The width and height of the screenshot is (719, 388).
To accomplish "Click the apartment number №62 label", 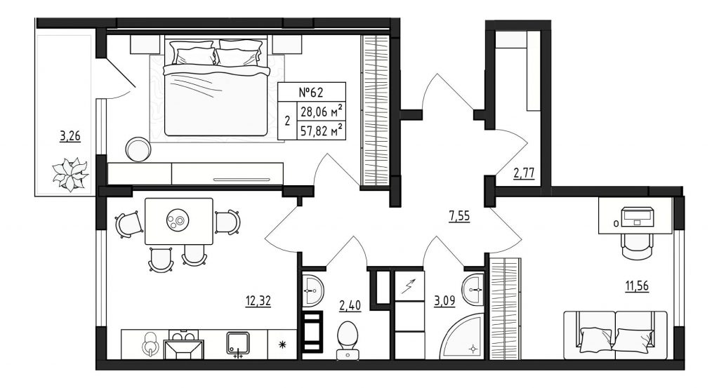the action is tap(311, 93).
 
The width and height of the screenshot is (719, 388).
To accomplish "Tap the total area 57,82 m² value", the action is tap(322, 131).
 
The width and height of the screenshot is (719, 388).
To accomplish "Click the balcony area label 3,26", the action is tap(70, 136).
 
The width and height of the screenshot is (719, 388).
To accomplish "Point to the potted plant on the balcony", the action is tap(70, 174).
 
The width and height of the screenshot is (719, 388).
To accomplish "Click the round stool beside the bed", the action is tap(138, 149).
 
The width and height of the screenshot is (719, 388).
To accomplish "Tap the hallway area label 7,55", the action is tap(459, 215).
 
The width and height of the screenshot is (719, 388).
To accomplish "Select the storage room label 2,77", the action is tap(524, 173).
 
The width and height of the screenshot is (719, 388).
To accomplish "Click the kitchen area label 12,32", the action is tap(258, 301).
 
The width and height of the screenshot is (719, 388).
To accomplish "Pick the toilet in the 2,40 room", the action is tap(348, 340).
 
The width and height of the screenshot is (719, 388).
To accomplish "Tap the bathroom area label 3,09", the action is tap(444, 301).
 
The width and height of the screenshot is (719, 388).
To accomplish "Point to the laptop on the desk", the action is tap(638, 216).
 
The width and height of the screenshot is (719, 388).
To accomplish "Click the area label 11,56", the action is tap(638, 286).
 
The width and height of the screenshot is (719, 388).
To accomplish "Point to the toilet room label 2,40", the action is tap(350, 305).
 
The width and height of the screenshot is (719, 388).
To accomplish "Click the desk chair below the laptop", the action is tap(636, 246).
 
